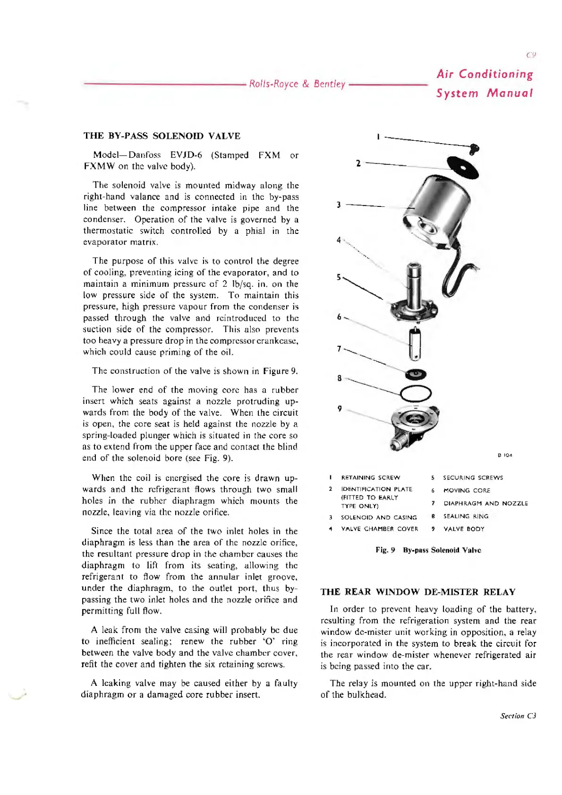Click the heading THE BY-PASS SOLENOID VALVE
(162, 136)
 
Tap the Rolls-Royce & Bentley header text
(297, 84)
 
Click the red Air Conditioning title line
(485, 74)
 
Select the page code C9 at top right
(531, 55)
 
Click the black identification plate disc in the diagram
(463, 165)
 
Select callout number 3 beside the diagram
(339, 205)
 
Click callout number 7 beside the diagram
(339, 349)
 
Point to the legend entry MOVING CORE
(467, 490)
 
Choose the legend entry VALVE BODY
(464, 529)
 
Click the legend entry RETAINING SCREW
(370, 478)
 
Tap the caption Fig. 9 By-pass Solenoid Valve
(428, 550)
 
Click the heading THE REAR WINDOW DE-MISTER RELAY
(417, 592)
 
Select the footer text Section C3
(518, 716)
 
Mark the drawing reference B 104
(504, 455)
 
